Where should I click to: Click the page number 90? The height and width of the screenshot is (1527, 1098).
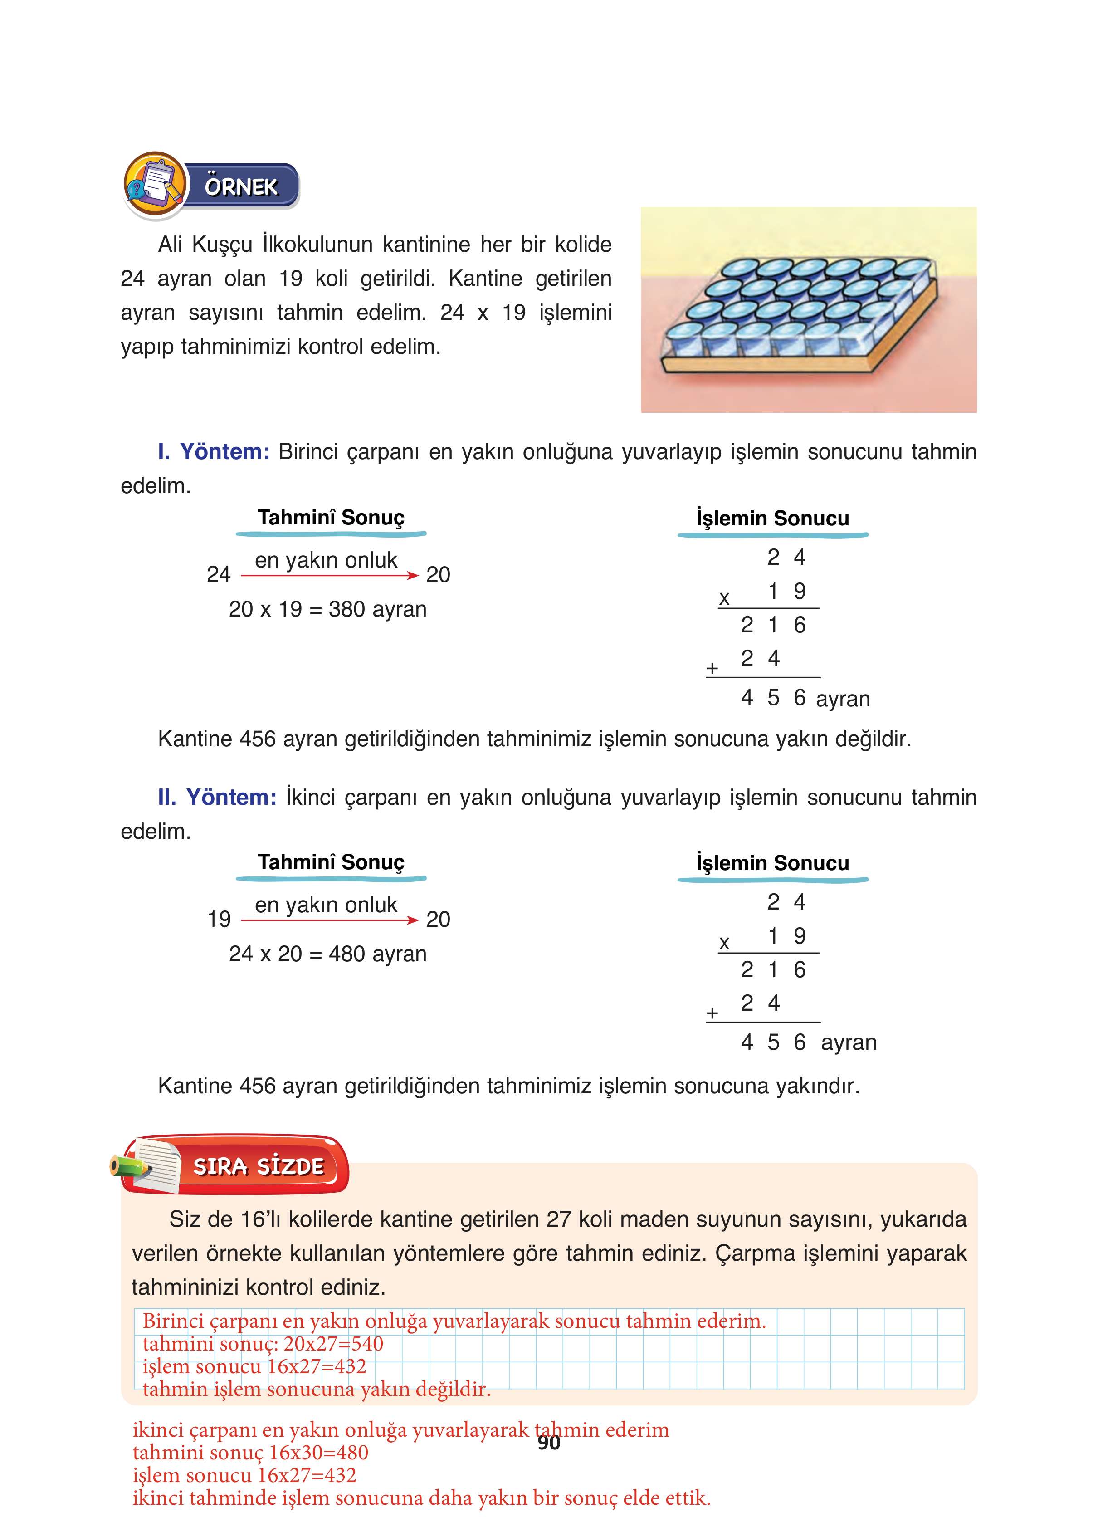549,1442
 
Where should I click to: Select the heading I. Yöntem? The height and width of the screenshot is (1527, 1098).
214,452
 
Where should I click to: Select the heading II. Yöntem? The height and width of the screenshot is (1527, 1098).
217,797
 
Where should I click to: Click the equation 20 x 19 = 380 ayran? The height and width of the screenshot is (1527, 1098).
327,609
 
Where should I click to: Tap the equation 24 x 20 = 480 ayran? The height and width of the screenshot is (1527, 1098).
327,954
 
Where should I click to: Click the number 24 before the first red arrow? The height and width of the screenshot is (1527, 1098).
218,574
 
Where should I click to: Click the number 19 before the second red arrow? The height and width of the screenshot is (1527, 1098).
219,919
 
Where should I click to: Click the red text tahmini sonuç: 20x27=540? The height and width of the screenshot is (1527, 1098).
263,1344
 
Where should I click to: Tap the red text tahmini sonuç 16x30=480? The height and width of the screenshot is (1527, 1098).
250,1452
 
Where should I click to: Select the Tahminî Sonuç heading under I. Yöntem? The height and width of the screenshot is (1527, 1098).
331,517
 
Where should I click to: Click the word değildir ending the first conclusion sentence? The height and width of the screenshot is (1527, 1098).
873,739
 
